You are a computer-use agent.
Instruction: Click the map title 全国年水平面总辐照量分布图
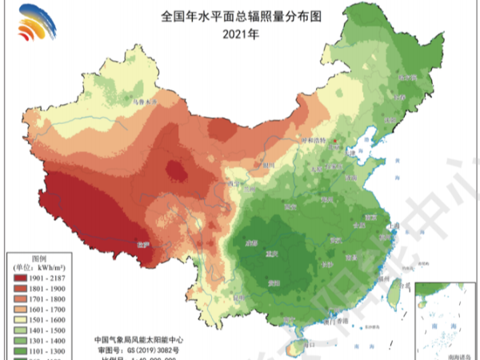point(241,17)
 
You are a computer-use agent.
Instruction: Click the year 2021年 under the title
point(241,33)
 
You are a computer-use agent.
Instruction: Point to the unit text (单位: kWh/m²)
point(38,266)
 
